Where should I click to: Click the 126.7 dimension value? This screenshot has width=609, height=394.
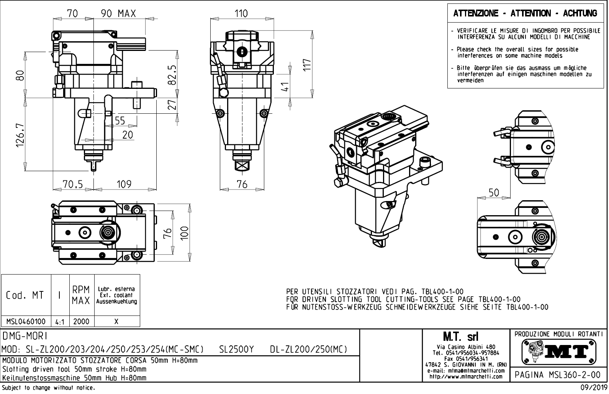(x=20, y=134)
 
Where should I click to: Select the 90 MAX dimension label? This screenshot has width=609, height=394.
(x=118, y=14)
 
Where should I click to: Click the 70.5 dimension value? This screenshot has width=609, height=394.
(x=73, y=185)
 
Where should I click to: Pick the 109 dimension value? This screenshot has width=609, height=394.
(x=124, y=185)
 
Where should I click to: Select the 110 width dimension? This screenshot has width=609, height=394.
(x=241, y=14)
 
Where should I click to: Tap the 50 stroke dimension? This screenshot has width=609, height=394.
(x=494, y=193)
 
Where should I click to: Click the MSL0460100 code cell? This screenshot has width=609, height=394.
(x=26, y=322)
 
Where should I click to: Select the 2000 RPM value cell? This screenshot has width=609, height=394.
(x=81, y=322)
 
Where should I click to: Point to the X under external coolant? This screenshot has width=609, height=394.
(x=116, y=322)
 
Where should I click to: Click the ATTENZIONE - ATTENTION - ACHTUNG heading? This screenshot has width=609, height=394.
(x=525, y=14)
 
